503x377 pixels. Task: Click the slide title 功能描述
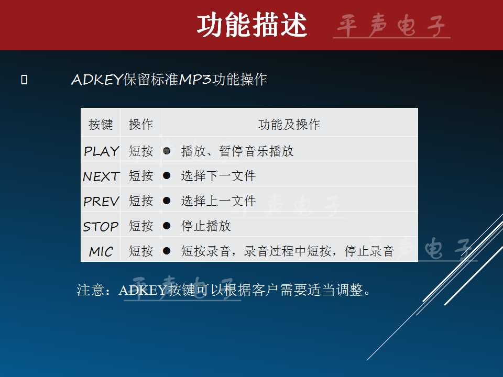252,25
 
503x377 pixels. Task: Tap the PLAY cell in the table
101,151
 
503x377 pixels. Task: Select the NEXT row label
101,176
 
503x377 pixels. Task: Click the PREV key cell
101,201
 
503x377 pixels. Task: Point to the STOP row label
101,226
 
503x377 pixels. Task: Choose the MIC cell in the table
101,251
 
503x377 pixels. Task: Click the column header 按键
101,125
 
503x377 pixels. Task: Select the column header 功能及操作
289,125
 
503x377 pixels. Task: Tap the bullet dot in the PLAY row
167,151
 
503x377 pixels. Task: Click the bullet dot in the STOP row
167,226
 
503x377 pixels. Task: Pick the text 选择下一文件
218,176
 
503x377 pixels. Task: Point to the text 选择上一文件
218,201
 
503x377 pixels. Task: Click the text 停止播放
206,226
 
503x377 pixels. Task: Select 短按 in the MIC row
140,251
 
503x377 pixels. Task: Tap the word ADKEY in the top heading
97,80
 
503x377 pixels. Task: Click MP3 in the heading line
195,79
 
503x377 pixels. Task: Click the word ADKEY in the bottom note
142,290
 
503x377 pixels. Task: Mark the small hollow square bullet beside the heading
24,80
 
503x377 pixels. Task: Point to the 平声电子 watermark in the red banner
391,26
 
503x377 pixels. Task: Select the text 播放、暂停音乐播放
237,151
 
